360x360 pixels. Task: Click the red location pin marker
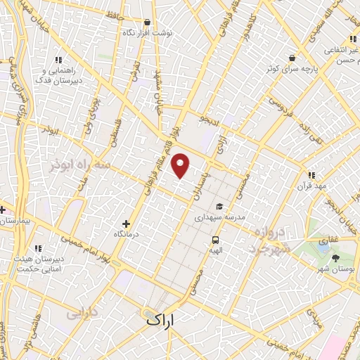(181, 165)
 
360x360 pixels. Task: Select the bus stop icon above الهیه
(214, 239)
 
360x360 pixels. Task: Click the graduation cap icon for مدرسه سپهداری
(220, 207)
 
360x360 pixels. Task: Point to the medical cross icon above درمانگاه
(127, 223)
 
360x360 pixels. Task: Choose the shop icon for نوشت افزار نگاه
(146, 22)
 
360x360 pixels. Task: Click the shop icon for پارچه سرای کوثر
(291, 58)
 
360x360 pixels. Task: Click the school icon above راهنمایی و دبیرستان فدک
(58, 60)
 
